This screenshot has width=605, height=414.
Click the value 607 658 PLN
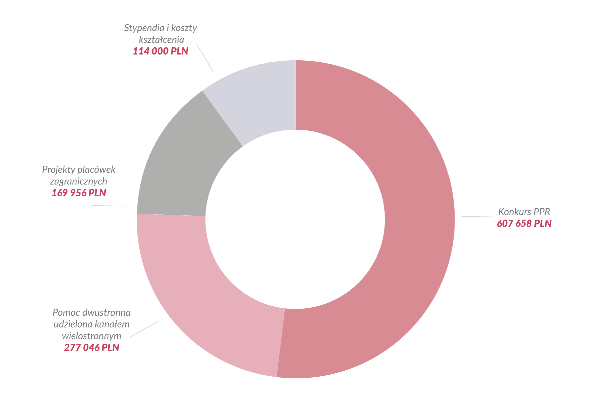(x=524, y=223)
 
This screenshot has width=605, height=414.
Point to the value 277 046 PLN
(x=91, y=348)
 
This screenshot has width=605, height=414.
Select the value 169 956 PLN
(x=79, y=193)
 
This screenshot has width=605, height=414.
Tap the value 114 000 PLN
(x=160, y=51)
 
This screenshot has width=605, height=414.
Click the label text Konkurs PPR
(x=524, y=212)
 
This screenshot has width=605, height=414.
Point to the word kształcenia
(x=161, y=40)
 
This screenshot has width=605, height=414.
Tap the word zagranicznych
(x=79, y=181)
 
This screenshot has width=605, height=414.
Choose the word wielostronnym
(x=91, y=336)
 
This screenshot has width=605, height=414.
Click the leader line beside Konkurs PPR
(x=477, y=216)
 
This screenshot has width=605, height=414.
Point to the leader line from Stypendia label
(x=205, y=58)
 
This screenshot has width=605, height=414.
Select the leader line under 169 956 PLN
(x=108, y=206)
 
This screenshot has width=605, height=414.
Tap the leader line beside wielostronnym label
(x=144, y=329)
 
